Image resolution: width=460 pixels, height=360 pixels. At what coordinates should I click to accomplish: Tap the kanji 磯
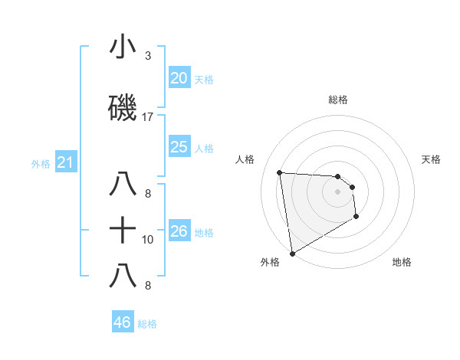pos(123,108)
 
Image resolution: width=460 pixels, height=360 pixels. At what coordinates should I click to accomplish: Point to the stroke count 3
pos(148,55)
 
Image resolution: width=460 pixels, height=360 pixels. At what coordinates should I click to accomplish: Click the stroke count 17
pos(148,117)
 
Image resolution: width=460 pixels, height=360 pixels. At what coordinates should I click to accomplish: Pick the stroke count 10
pos(148,240)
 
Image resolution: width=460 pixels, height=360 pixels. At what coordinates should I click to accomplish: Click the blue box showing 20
pos(179,77)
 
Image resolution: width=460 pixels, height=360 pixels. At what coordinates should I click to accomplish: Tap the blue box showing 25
pos(179,147)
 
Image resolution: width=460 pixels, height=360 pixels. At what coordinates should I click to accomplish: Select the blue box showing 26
pos(179,231)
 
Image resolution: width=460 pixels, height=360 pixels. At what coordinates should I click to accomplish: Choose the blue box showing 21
pos(64,162)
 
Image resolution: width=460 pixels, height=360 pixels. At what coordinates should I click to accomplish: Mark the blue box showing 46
pos(122,322)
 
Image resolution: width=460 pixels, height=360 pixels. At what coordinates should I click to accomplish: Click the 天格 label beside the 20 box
pos(204,79)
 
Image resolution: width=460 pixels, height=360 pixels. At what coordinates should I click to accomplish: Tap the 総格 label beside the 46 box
pos(147,324)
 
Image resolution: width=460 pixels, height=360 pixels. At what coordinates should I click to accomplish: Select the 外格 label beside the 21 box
pos(41,163)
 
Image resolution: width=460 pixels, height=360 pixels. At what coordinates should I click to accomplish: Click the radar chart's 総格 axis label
pos(338,100)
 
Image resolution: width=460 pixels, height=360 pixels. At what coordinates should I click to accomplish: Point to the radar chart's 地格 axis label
pos(402,262)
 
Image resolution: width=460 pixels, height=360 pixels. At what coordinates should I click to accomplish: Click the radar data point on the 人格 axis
pos(280,172)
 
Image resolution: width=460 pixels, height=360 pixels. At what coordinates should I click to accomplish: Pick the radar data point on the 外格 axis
pos(291,253)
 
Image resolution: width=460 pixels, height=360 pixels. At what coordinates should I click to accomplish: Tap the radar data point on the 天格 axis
pos(352,187)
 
